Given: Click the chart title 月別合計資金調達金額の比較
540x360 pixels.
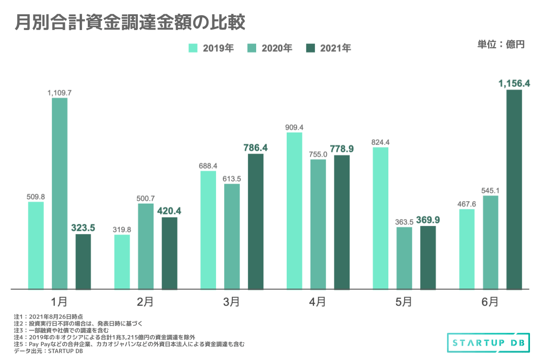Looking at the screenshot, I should click(x=130, y=22).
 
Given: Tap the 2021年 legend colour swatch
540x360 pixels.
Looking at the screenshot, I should click(x=312, y=48).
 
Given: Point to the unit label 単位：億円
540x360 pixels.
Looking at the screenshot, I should click(x=500, y=45).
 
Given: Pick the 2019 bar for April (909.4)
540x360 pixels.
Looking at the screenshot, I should click(x=294, y=211).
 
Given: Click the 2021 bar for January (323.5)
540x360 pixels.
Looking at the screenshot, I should click(x=83, y=261).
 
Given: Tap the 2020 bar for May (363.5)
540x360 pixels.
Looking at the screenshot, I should click(x=404, y=258).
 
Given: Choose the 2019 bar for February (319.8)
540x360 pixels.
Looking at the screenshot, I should click(x=122, y=262).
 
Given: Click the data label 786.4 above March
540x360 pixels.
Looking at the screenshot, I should click(x=256, y=147).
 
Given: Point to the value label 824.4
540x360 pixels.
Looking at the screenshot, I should click(x=380, y=142).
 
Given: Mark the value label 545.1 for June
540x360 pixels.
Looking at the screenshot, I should click(x=490, y=190).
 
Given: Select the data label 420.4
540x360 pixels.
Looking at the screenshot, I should click(x=169, y=211).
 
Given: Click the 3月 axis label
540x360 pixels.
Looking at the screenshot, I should click(x=231, y=301).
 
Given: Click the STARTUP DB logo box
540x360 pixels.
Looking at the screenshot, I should click(x=485, y=342).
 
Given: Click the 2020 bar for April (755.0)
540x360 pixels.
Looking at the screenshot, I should click(x=318, y=224).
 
